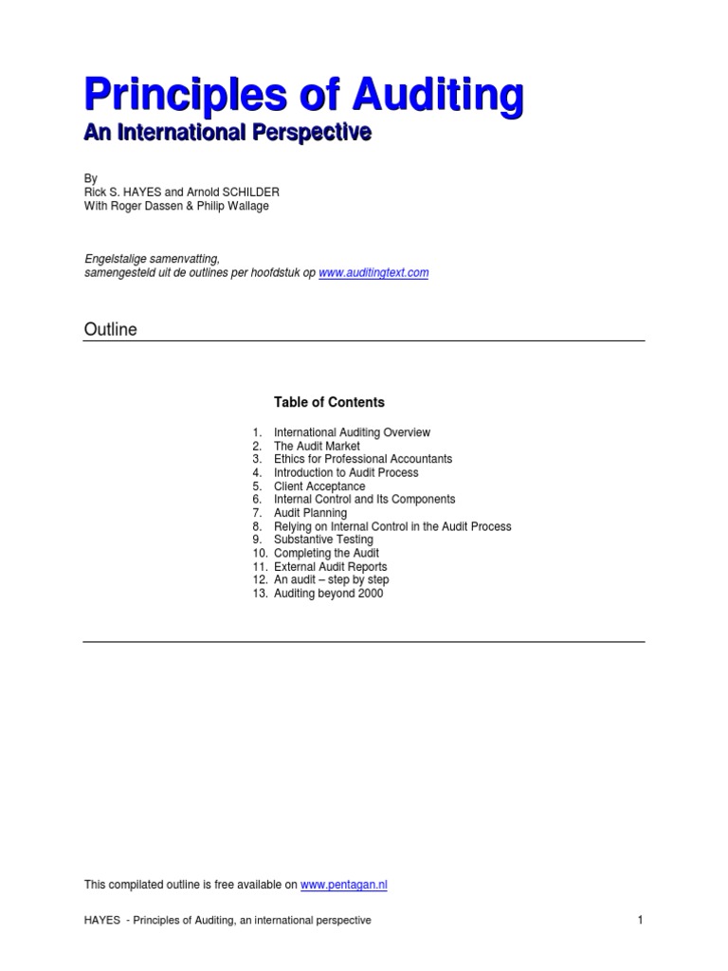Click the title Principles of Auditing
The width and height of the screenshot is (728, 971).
(303, 97)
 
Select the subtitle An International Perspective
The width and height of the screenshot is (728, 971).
(227, 134)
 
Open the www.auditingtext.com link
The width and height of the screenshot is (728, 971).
(373, 272)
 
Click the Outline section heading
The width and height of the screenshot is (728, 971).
(111, 329)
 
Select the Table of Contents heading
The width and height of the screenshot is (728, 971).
(329, 402)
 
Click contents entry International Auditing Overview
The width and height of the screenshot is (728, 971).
(352, 432)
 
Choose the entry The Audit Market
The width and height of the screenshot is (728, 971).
(317, 446)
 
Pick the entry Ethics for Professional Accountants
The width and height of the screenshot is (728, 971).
(363, 459)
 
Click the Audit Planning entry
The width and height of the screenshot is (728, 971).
(310, 513)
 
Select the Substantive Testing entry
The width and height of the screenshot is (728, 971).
(323, 540)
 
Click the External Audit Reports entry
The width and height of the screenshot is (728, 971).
(330, 567)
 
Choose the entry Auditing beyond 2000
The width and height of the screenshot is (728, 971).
(328, 594)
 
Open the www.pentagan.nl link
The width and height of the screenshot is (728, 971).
(344, 885)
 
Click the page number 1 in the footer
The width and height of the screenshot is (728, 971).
(640, 920)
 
